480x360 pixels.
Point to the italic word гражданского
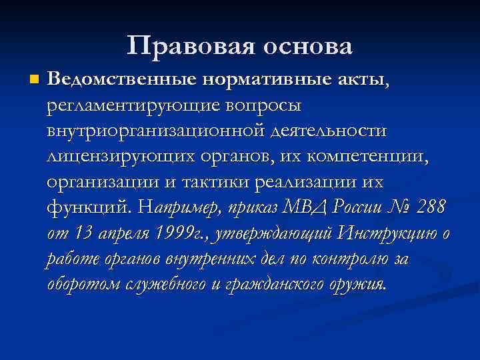(277, 284)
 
